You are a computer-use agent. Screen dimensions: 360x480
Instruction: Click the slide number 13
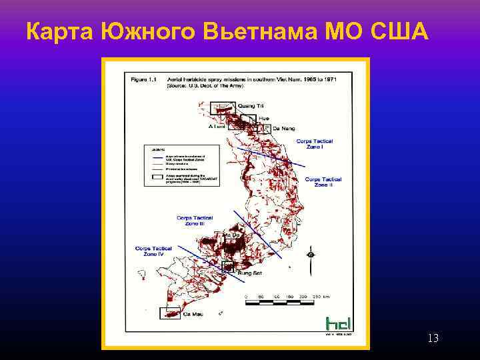click(x=433, y=339)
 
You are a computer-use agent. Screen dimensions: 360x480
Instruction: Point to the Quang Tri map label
click(x=251, y=106)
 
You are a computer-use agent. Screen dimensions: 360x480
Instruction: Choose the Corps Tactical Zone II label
click(x=323, y=181)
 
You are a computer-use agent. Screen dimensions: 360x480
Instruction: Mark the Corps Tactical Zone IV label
click(x=153, y=251)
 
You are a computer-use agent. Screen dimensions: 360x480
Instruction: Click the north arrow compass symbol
click(x=310, y=255)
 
